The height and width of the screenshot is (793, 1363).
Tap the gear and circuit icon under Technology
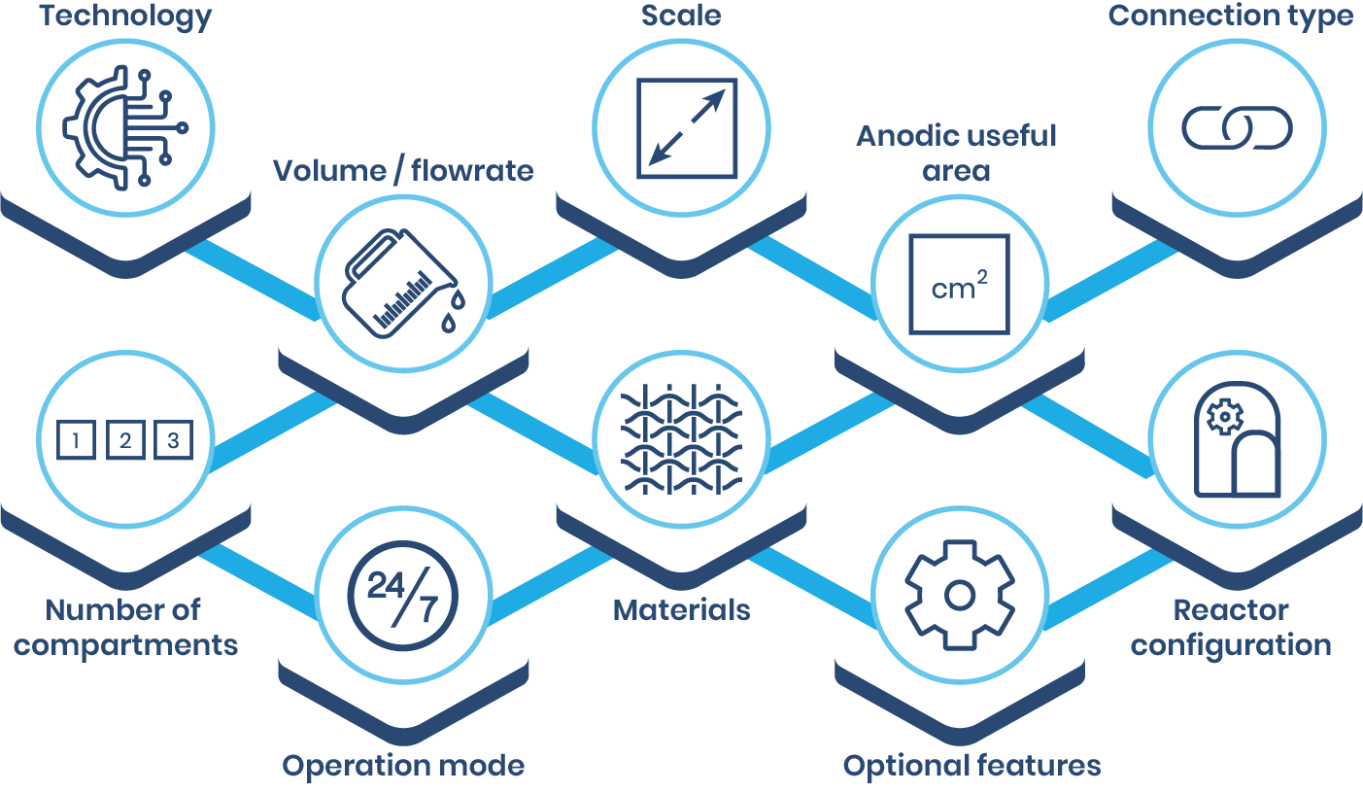coord(123,127)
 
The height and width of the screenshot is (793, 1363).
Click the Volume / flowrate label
coord(403,171)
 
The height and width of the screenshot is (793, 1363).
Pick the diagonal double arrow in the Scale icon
coord(686,127)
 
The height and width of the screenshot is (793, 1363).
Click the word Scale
coord(681,17)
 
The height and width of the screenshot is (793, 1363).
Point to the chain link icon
coord(1237,128)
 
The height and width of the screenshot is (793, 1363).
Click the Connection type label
coord(1231,17)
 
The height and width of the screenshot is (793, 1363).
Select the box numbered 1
coord(76,441)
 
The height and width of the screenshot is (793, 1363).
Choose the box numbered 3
coord(174,441)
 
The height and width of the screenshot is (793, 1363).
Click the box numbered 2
coord(125,441)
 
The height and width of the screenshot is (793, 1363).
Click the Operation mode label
coord(403,766)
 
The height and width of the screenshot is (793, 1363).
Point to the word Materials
coord(681,610)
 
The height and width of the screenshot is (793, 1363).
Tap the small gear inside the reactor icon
coord(1224,417)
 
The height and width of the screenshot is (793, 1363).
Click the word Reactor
coord(1231,610)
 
